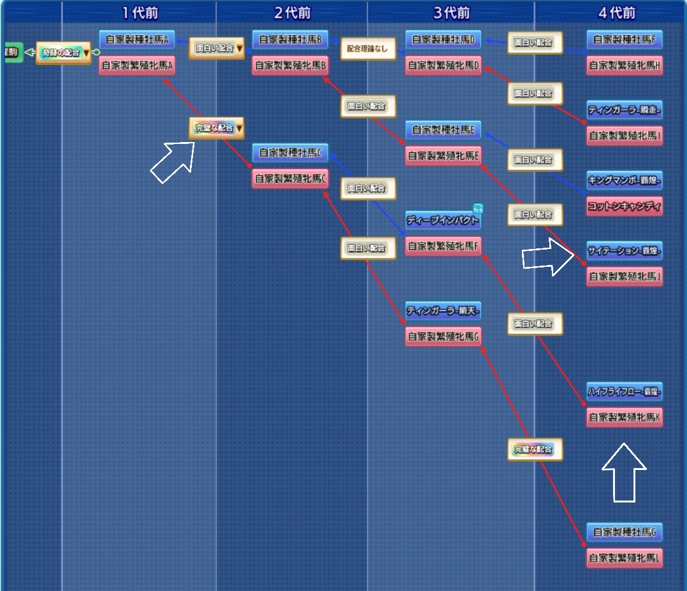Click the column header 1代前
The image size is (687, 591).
point(140,12)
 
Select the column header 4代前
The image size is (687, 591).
point(617,12)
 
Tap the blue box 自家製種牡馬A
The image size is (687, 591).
point(136,40)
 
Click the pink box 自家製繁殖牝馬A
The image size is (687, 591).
point(137,66)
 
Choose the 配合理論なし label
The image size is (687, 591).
point(367,48)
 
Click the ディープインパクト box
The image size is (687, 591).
point(442,220)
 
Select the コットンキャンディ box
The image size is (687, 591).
point(625,206)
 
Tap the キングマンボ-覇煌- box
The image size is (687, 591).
point(625,181)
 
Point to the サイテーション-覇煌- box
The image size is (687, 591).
point(625,251)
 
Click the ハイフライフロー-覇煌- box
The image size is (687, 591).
point(625,391)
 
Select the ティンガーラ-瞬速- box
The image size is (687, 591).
point(625,110)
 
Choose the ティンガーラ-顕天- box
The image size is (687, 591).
point(443,311)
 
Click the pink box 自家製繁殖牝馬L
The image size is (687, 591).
point(625,558)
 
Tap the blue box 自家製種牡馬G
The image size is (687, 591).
point(625,532)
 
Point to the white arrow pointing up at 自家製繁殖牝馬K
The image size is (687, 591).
point(624,472)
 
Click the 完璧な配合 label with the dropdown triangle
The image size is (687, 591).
point(217,128)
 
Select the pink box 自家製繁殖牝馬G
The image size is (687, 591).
point(443,336)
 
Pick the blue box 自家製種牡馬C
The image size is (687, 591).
point(290,153)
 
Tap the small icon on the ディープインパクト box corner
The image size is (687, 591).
point(478,207)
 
